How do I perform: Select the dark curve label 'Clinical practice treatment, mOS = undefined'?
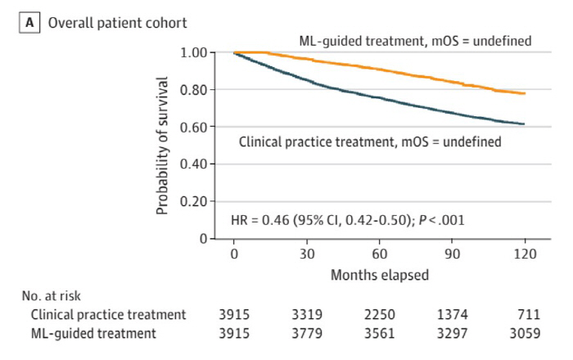tap(370, 142)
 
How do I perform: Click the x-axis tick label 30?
tap(307, 254)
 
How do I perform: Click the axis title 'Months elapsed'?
tap(380, 276)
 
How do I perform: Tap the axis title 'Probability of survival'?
tap(162, 146)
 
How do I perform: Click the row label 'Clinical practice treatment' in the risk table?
tap(108, 314)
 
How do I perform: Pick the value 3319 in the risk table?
tap(307, 314)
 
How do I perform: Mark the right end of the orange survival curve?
tap(525, 93)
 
